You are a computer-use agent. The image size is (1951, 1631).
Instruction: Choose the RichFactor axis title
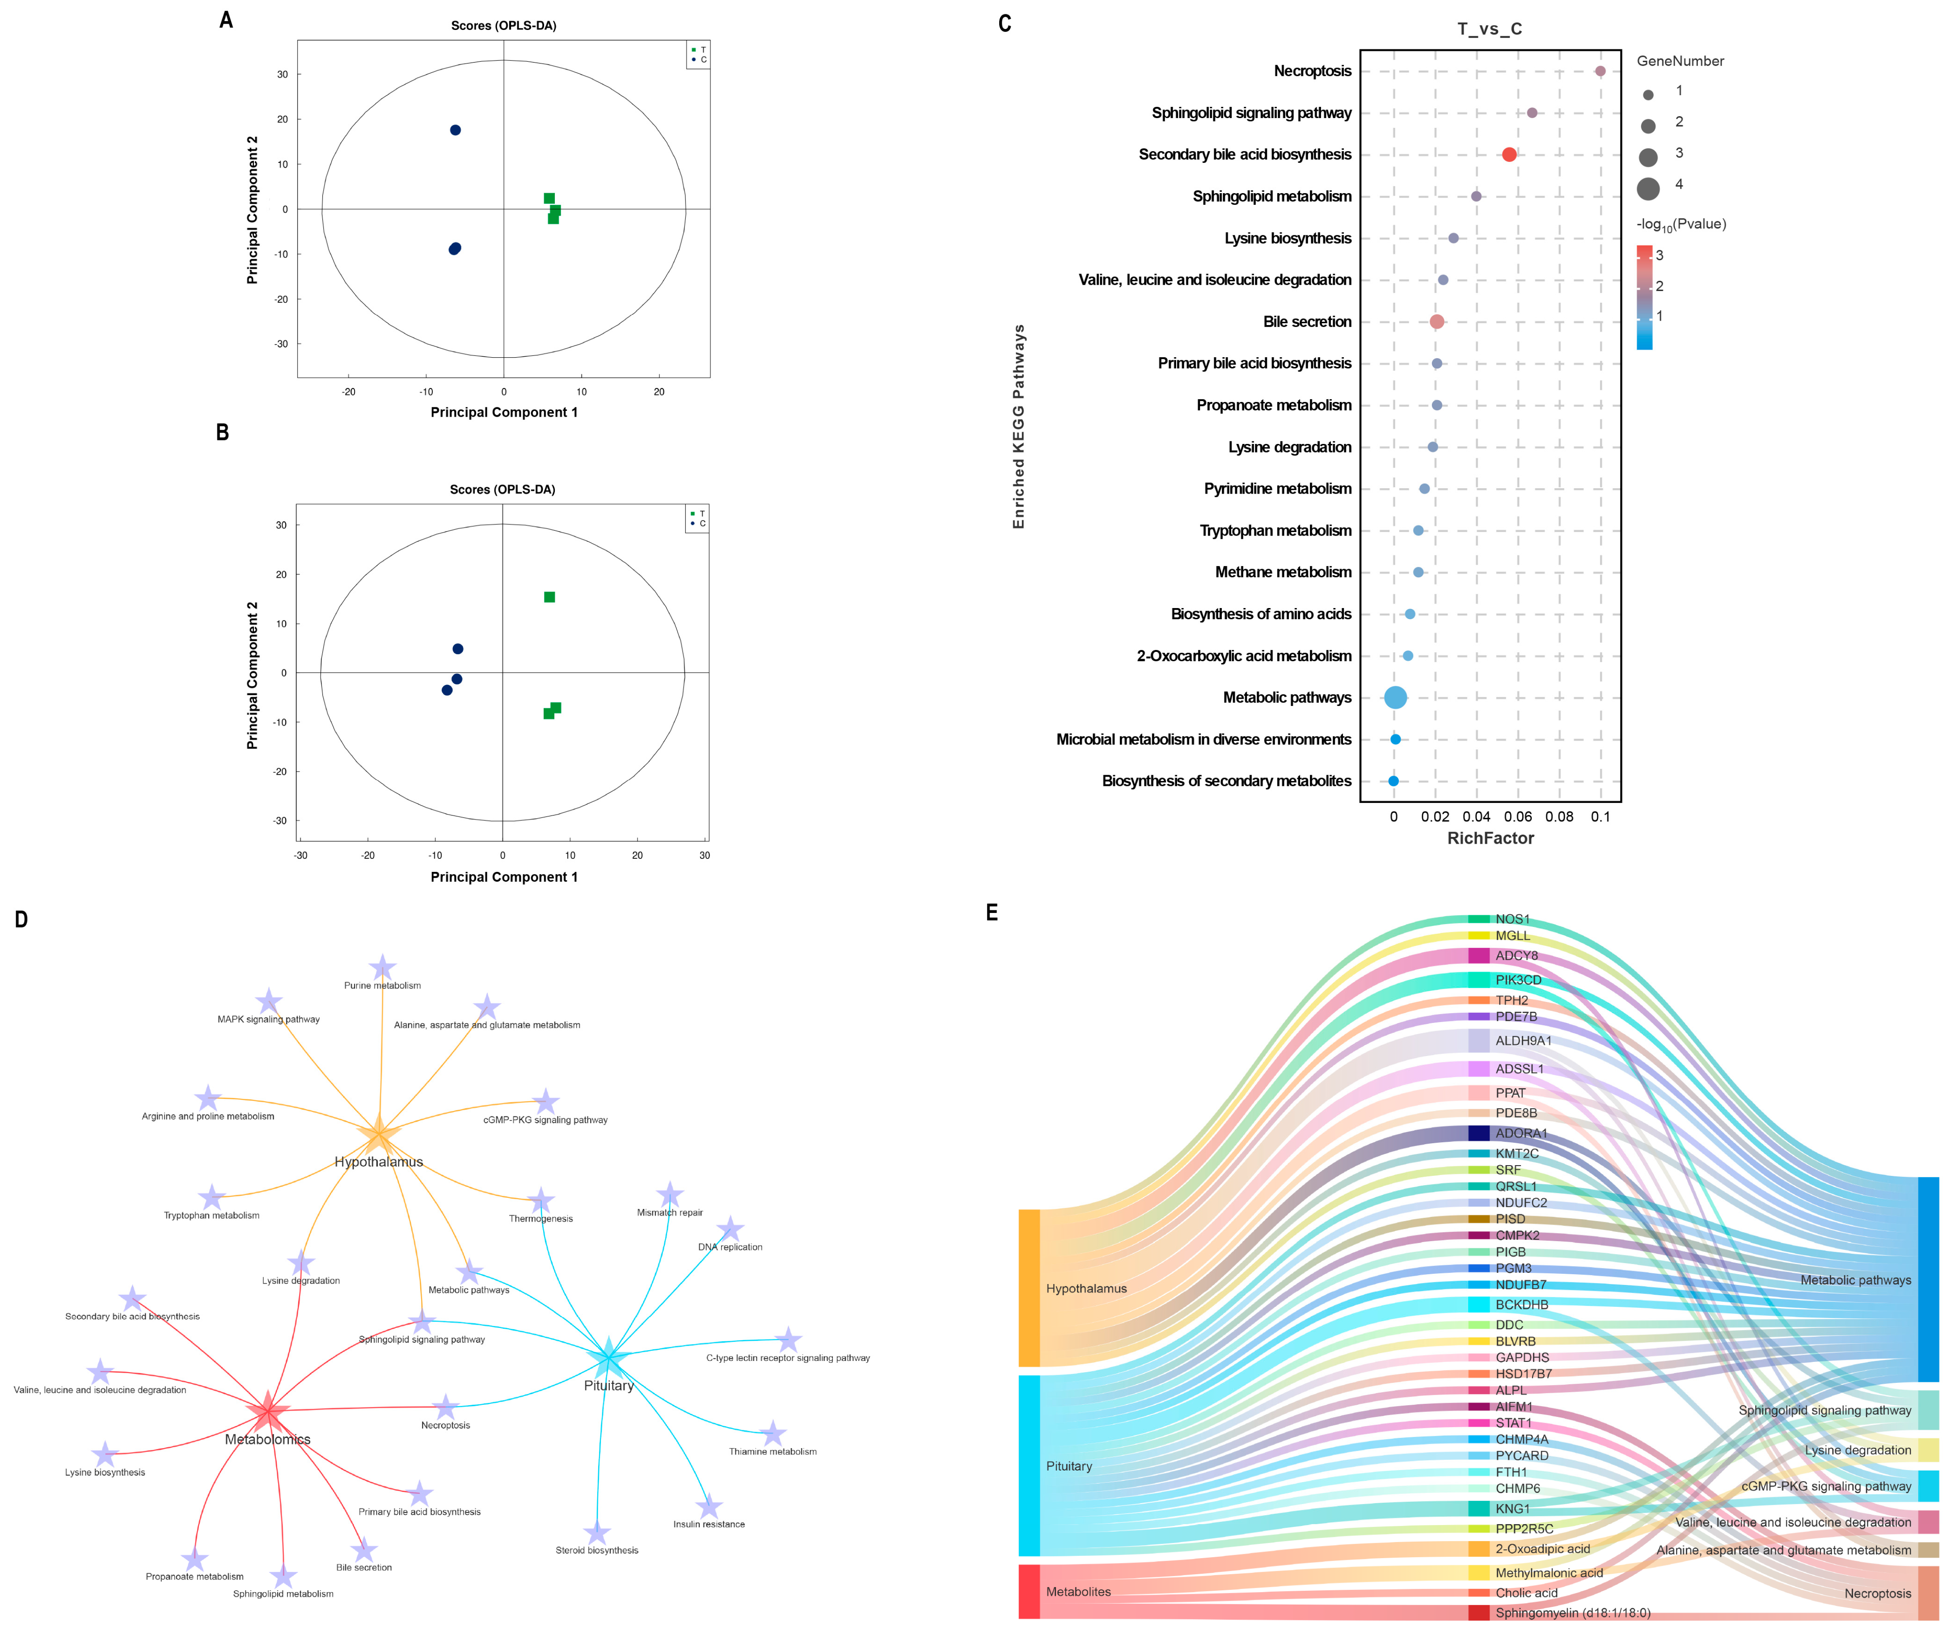pyautogui.click(x=1490, y=838)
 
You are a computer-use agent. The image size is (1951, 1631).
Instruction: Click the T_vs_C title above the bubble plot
pyautogui.click(x=1489, y=29)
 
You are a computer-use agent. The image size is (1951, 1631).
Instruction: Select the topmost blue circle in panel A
pyautogui.click(x=455, y=130)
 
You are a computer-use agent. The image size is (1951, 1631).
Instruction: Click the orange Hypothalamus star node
pyautogui.click(x=378, y=1135)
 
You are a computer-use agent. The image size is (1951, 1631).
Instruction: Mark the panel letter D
pyautogui.click(x=21, y=919)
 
